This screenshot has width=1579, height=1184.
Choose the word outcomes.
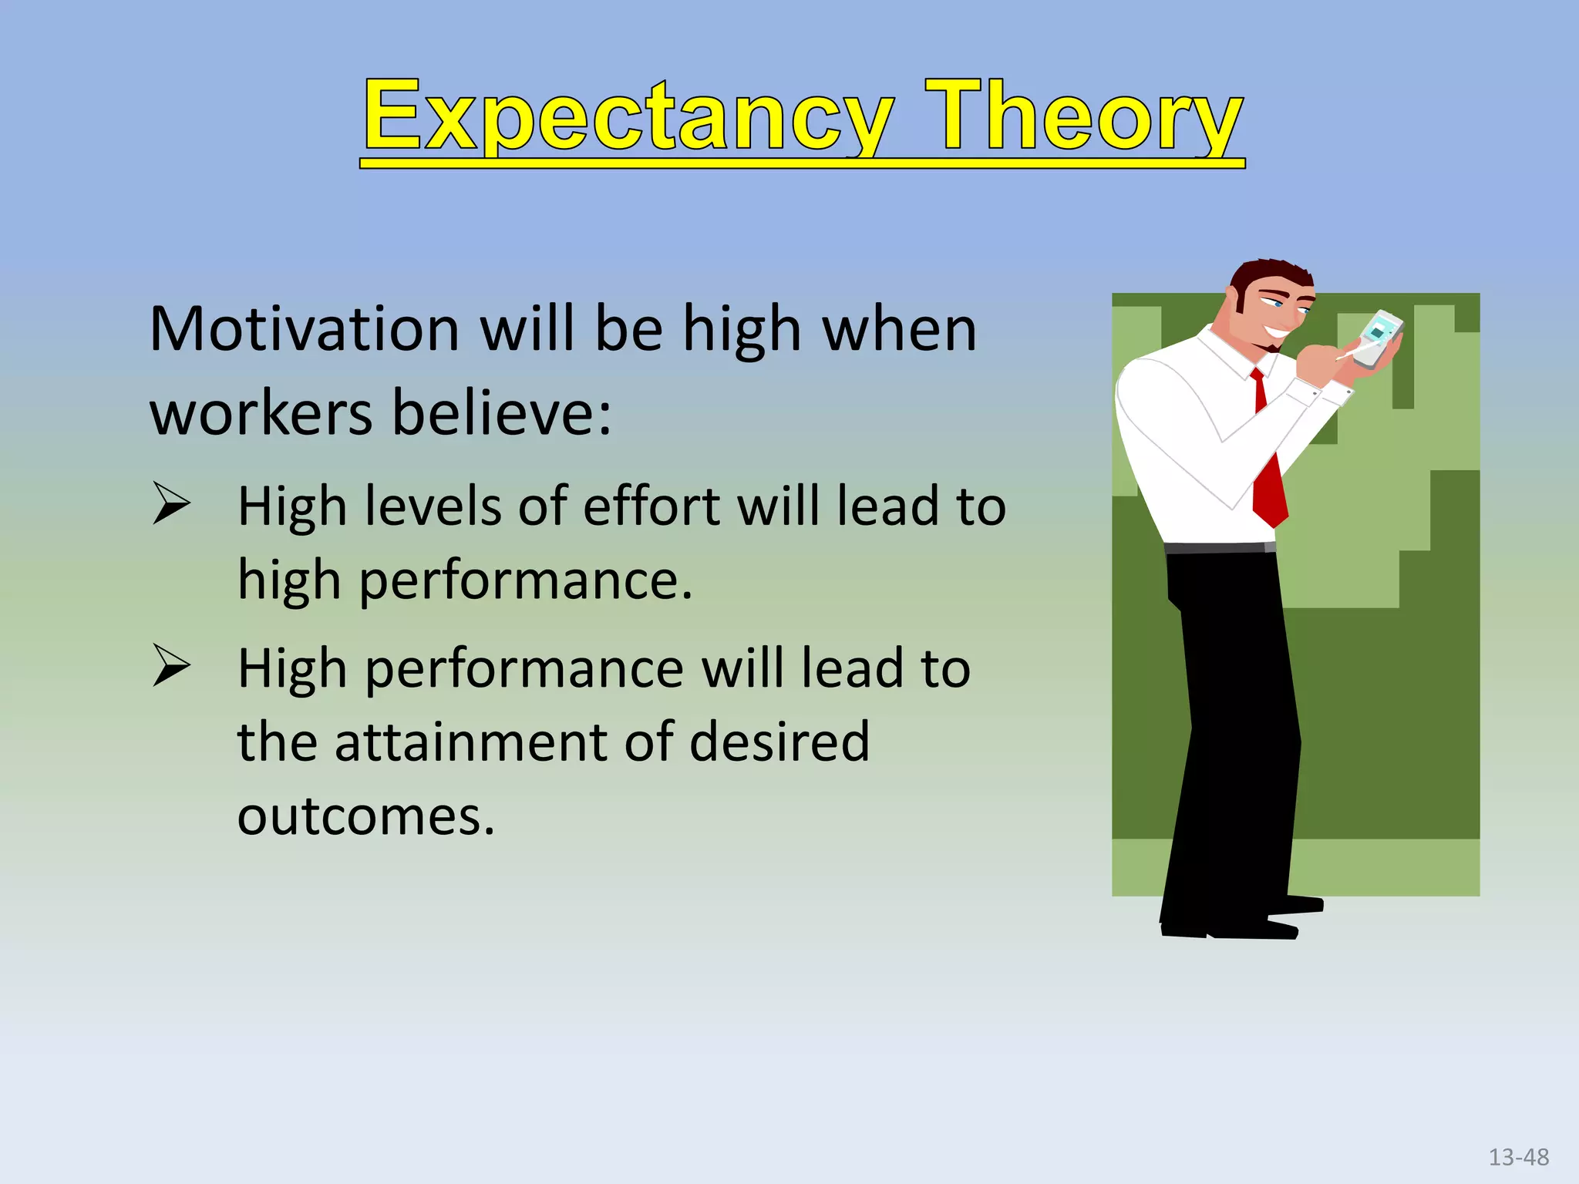point(365,816)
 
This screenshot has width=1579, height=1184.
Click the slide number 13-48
point(1518,1157)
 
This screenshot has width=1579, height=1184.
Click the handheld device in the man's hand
point(1377,338)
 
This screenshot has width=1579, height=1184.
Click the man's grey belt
point(1218,547)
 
